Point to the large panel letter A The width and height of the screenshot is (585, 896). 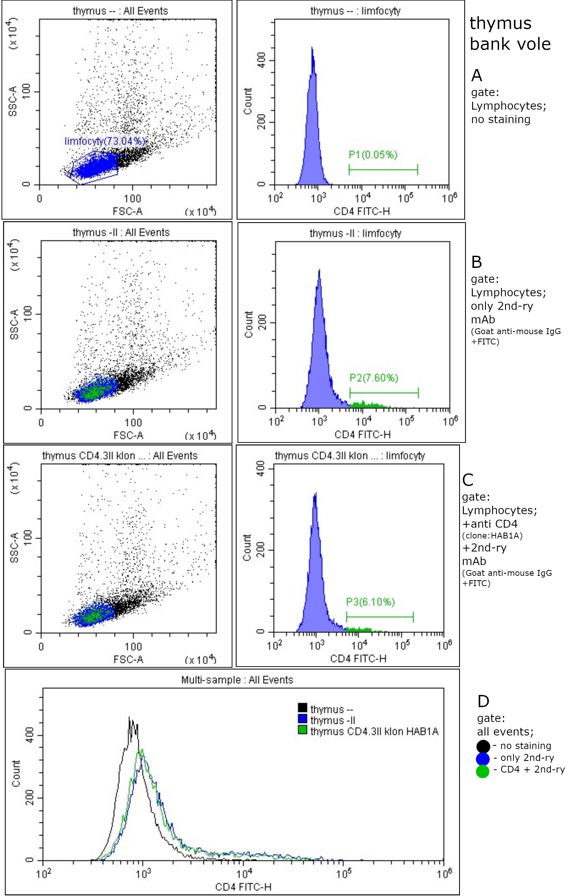pos(476,76)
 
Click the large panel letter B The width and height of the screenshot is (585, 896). pos(476,262)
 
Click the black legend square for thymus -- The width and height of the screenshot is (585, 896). pos(302,708)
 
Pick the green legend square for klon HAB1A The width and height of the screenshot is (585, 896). pos(302,731)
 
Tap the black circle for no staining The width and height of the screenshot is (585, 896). pos(483,747)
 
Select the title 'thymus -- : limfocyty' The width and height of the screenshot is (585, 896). pos(355,11)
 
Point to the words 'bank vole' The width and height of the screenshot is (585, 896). pos(510,44)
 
